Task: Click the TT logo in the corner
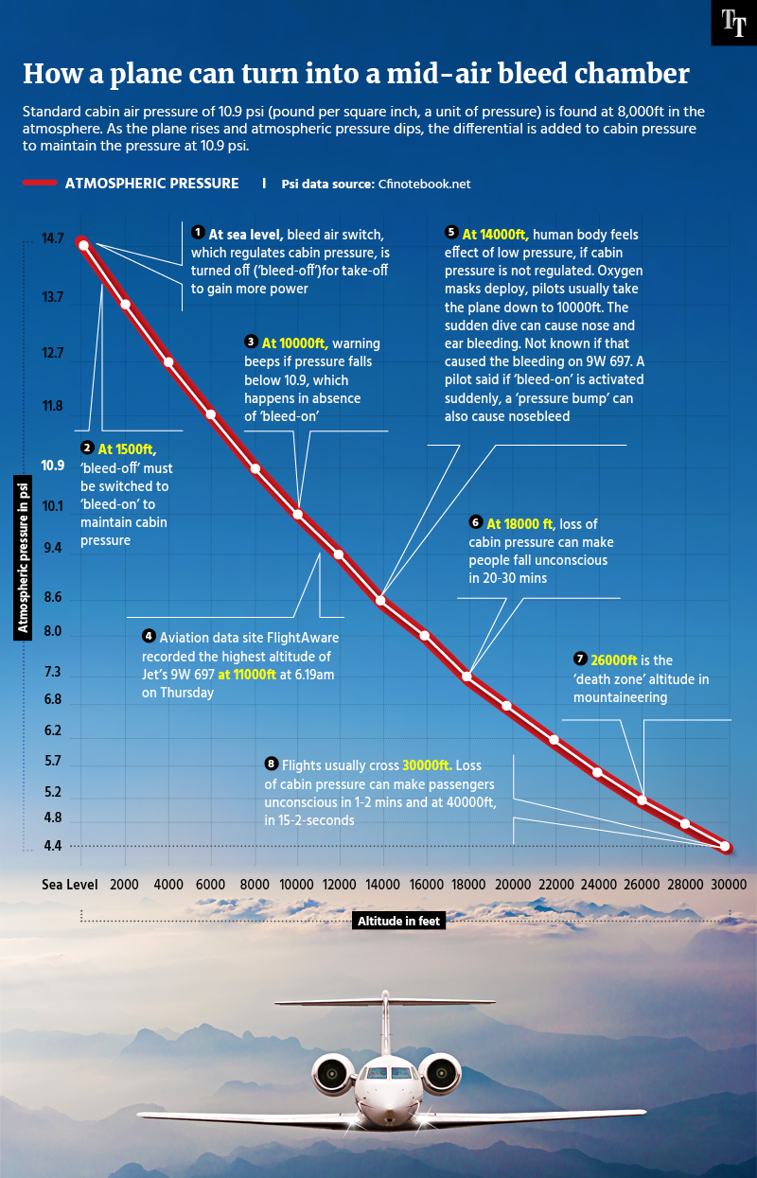(x=733, y=23)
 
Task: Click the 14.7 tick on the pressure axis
(x=53, y=239)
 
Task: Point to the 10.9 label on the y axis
(x=53, y=466)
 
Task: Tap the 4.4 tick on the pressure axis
(x=53, y=846)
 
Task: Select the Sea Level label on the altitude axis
(x=69, y=884)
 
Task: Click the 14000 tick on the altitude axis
(x=382, y=884)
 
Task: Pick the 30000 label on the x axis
(x=729, y=884)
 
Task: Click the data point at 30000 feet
(x=725, y=846)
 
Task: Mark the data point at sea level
(x=83, y=245)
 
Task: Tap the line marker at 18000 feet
(x=467, y=676)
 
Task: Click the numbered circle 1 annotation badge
(x=198, y=232)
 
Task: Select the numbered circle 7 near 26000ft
(x=580, y=659)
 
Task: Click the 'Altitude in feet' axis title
(x=398, y=921)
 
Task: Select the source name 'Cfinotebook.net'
(x=424, y=185)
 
